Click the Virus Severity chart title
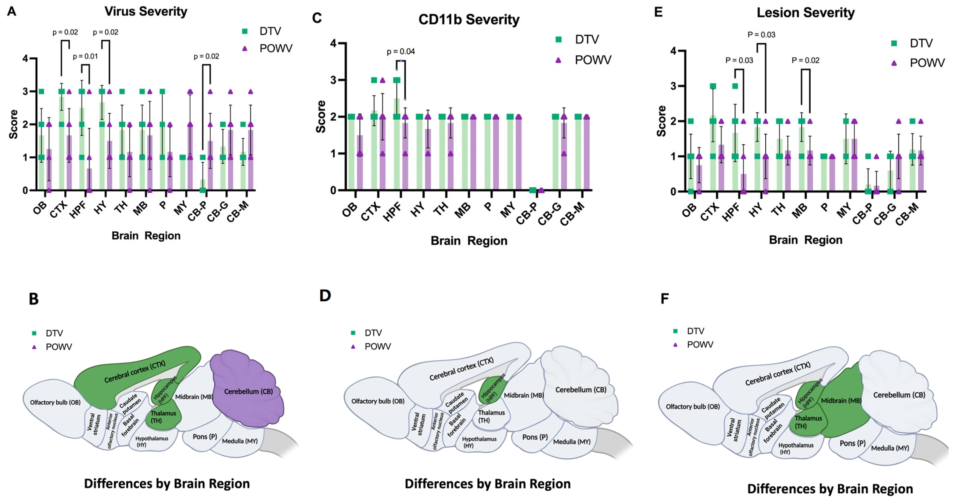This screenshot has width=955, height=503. (x=146, y=11)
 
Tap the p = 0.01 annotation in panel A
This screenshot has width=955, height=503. (x=85, y=56)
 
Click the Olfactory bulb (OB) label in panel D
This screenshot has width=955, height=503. (x=377, y=401)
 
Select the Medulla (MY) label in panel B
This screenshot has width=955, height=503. (x=240, y=441)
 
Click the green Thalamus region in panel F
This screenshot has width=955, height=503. (x=806, y=423)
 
